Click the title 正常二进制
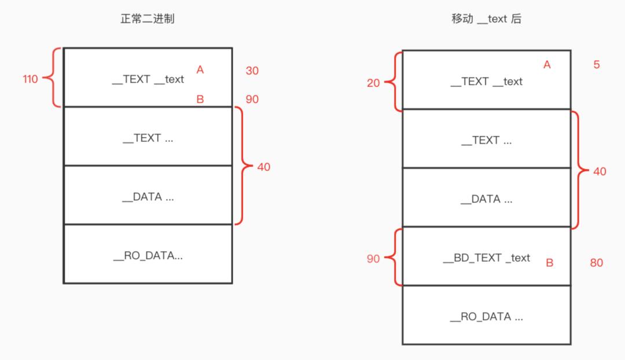coord(147,19)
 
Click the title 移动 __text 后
coord(486,19)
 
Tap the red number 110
coord(31,79)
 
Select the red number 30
coord(252,71)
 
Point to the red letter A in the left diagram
coord(200,69)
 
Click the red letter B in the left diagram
coord(200,99)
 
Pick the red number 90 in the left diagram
coord(252,99)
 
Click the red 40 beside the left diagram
coord(263,167)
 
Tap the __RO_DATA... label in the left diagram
coord(148,255)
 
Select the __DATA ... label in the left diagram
coord(148,197)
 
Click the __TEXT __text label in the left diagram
coord(148,79)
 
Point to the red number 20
coord(373,83)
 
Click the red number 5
coord(597,65)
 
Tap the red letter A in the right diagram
coord(547,65)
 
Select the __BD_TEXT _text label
coord(486,258)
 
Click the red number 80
coord(596,263)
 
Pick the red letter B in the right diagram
coord(549,263)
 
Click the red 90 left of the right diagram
coord(373,259)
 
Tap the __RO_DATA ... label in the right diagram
coord(486,317)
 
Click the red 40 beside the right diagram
coord(600,171)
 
